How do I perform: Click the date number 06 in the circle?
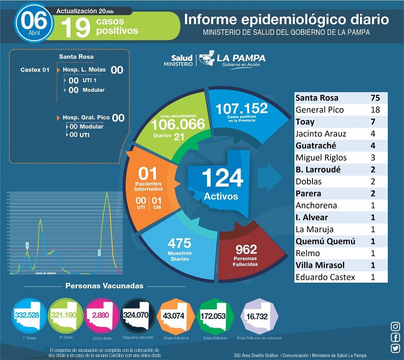tap(34, 20)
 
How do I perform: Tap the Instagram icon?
tap(395, 327)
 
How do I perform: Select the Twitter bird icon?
tap(395, 348)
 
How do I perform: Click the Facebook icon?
tap(395, 338)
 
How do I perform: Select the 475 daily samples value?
tap(180, 243)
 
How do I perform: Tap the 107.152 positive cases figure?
tap(242, 108)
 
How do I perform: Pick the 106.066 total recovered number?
tap(178, 124)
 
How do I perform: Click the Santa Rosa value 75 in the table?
tap(375, 98)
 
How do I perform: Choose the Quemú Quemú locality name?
tap(325, 241)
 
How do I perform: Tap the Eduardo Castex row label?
tap(325, 277)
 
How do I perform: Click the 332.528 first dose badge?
tap(27, 314)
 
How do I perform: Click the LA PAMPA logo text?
tap(241, 58)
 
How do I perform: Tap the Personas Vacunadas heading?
tap(105, 286)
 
